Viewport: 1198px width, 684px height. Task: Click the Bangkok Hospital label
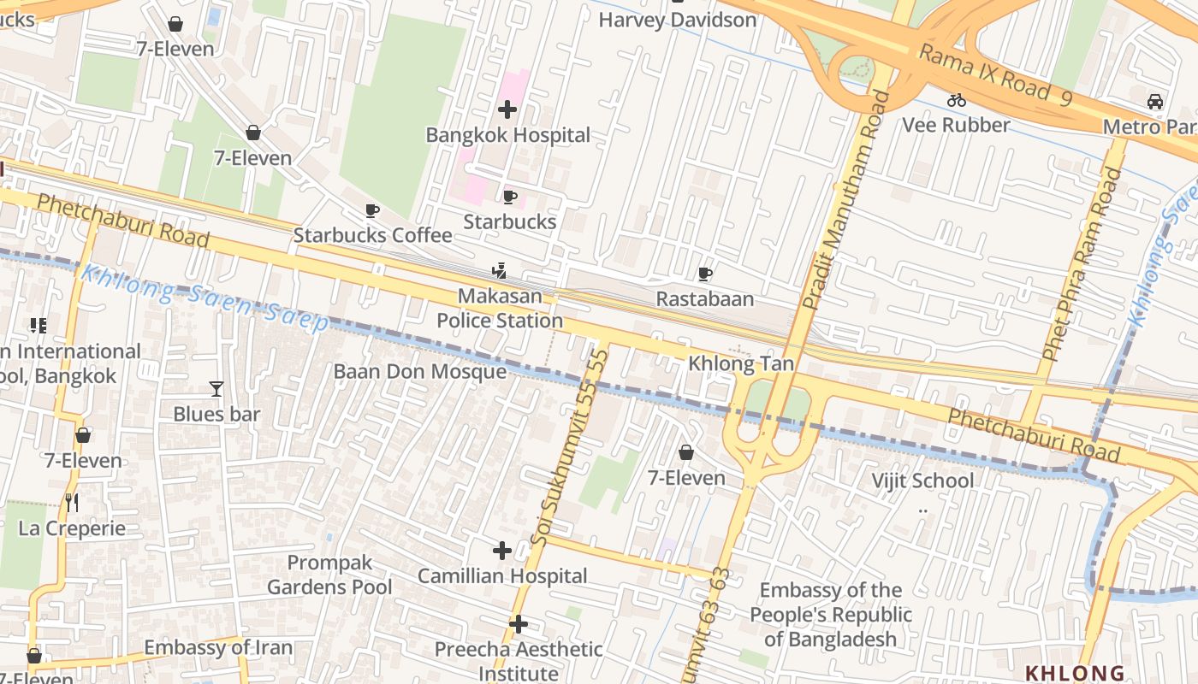click(x=507, y=135)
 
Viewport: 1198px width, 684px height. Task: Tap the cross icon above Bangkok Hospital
click(x=507, y=109)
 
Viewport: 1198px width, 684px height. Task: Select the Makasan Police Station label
click(x=500, y=309)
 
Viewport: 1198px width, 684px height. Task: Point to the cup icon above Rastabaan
click(x=705, y=274)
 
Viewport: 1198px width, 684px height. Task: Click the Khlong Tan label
click(x=741, y=364)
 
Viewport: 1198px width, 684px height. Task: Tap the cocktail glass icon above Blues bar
click(x=216, y=390)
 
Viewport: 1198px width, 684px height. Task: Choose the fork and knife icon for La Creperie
click(x=72, y=503)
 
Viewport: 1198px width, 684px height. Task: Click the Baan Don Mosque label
click(x=419, y=372)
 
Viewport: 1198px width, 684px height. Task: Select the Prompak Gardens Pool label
click(x=329, y=575)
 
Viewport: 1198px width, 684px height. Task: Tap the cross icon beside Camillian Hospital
click(x=502, y=550)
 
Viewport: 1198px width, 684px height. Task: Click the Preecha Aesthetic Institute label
click(x=519, y=661)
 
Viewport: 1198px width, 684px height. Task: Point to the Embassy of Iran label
click(x=218, y=647)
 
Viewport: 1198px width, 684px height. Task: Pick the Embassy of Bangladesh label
click(x=830, y=614)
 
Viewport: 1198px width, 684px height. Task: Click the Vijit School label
click(x=922, y=481)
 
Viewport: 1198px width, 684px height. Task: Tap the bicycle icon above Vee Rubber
click(x=957, y=100)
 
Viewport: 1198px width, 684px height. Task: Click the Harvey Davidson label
click(x=677, y=20)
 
